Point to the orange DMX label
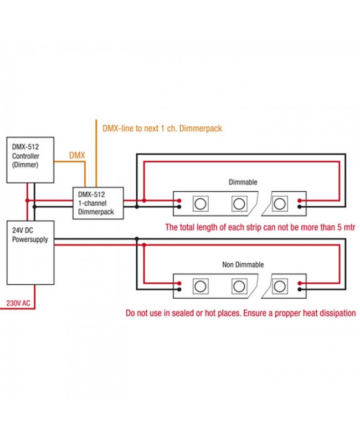(x=77, y=156)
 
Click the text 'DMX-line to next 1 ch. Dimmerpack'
(x=162, y=128)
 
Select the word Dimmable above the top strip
(x=243, y=182)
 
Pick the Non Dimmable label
(x=243, y=265)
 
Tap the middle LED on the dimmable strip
(x=238, y=203)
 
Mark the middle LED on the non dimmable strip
(x=238, y=286)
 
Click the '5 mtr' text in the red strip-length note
(x=343, y=227)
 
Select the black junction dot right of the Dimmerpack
(x=136, y=207)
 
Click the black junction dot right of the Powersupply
(x=136, y=239)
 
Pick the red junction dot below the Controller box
(x=27, y=200)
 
